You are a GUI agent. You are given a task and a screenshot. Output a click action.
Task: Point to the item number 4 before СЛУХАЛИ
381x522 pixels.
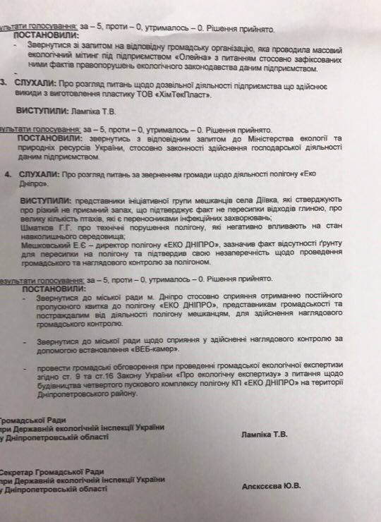click(x=6, y=172)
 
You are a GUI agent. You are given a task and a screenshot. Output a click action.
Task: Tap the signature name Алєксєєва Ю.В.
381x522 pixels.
click(x=271, y=486)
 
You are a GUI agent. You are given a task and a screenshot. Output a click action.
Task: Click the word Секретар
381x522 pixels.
click(x=22, y=471)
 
